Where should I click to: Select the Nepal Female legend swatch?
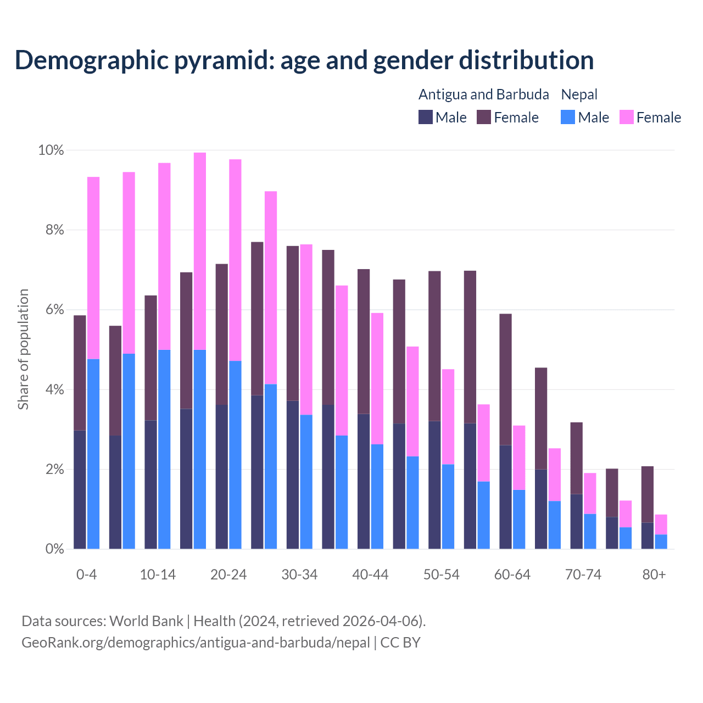tap(626, 118)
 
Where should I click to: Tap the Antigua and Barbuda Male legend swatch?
tap(426, 118)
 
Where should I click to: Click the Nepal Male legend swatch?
tap(568, 118)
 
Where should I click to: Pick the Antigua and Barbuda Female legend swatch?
tap(483, 118)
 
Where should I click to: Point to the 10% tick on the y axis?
tap(51, 150)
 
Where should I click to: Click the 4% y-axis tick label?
tap(54, 390)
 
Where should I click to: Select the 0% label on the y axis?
tap(54, 549)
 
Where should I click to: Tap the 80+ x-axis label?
tap(654, 575)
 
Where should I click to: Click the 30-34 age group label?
tap(299, 575)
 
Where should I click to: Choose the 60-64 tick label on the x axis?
tap(512, 575)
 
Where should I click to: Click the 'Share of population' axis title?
tap(24, 349)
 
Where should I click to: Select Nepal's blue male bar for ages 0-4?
tap(93, 454)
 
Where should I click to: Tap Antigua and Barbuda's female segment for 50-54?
tap(434, 346)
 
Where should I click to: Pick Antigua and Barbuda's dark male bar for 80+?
tap(648, 535)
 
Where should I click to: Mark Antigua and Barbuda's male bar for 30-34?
tap(293, 475)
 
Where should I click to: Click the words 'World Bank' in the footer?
tap(146, 621)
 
